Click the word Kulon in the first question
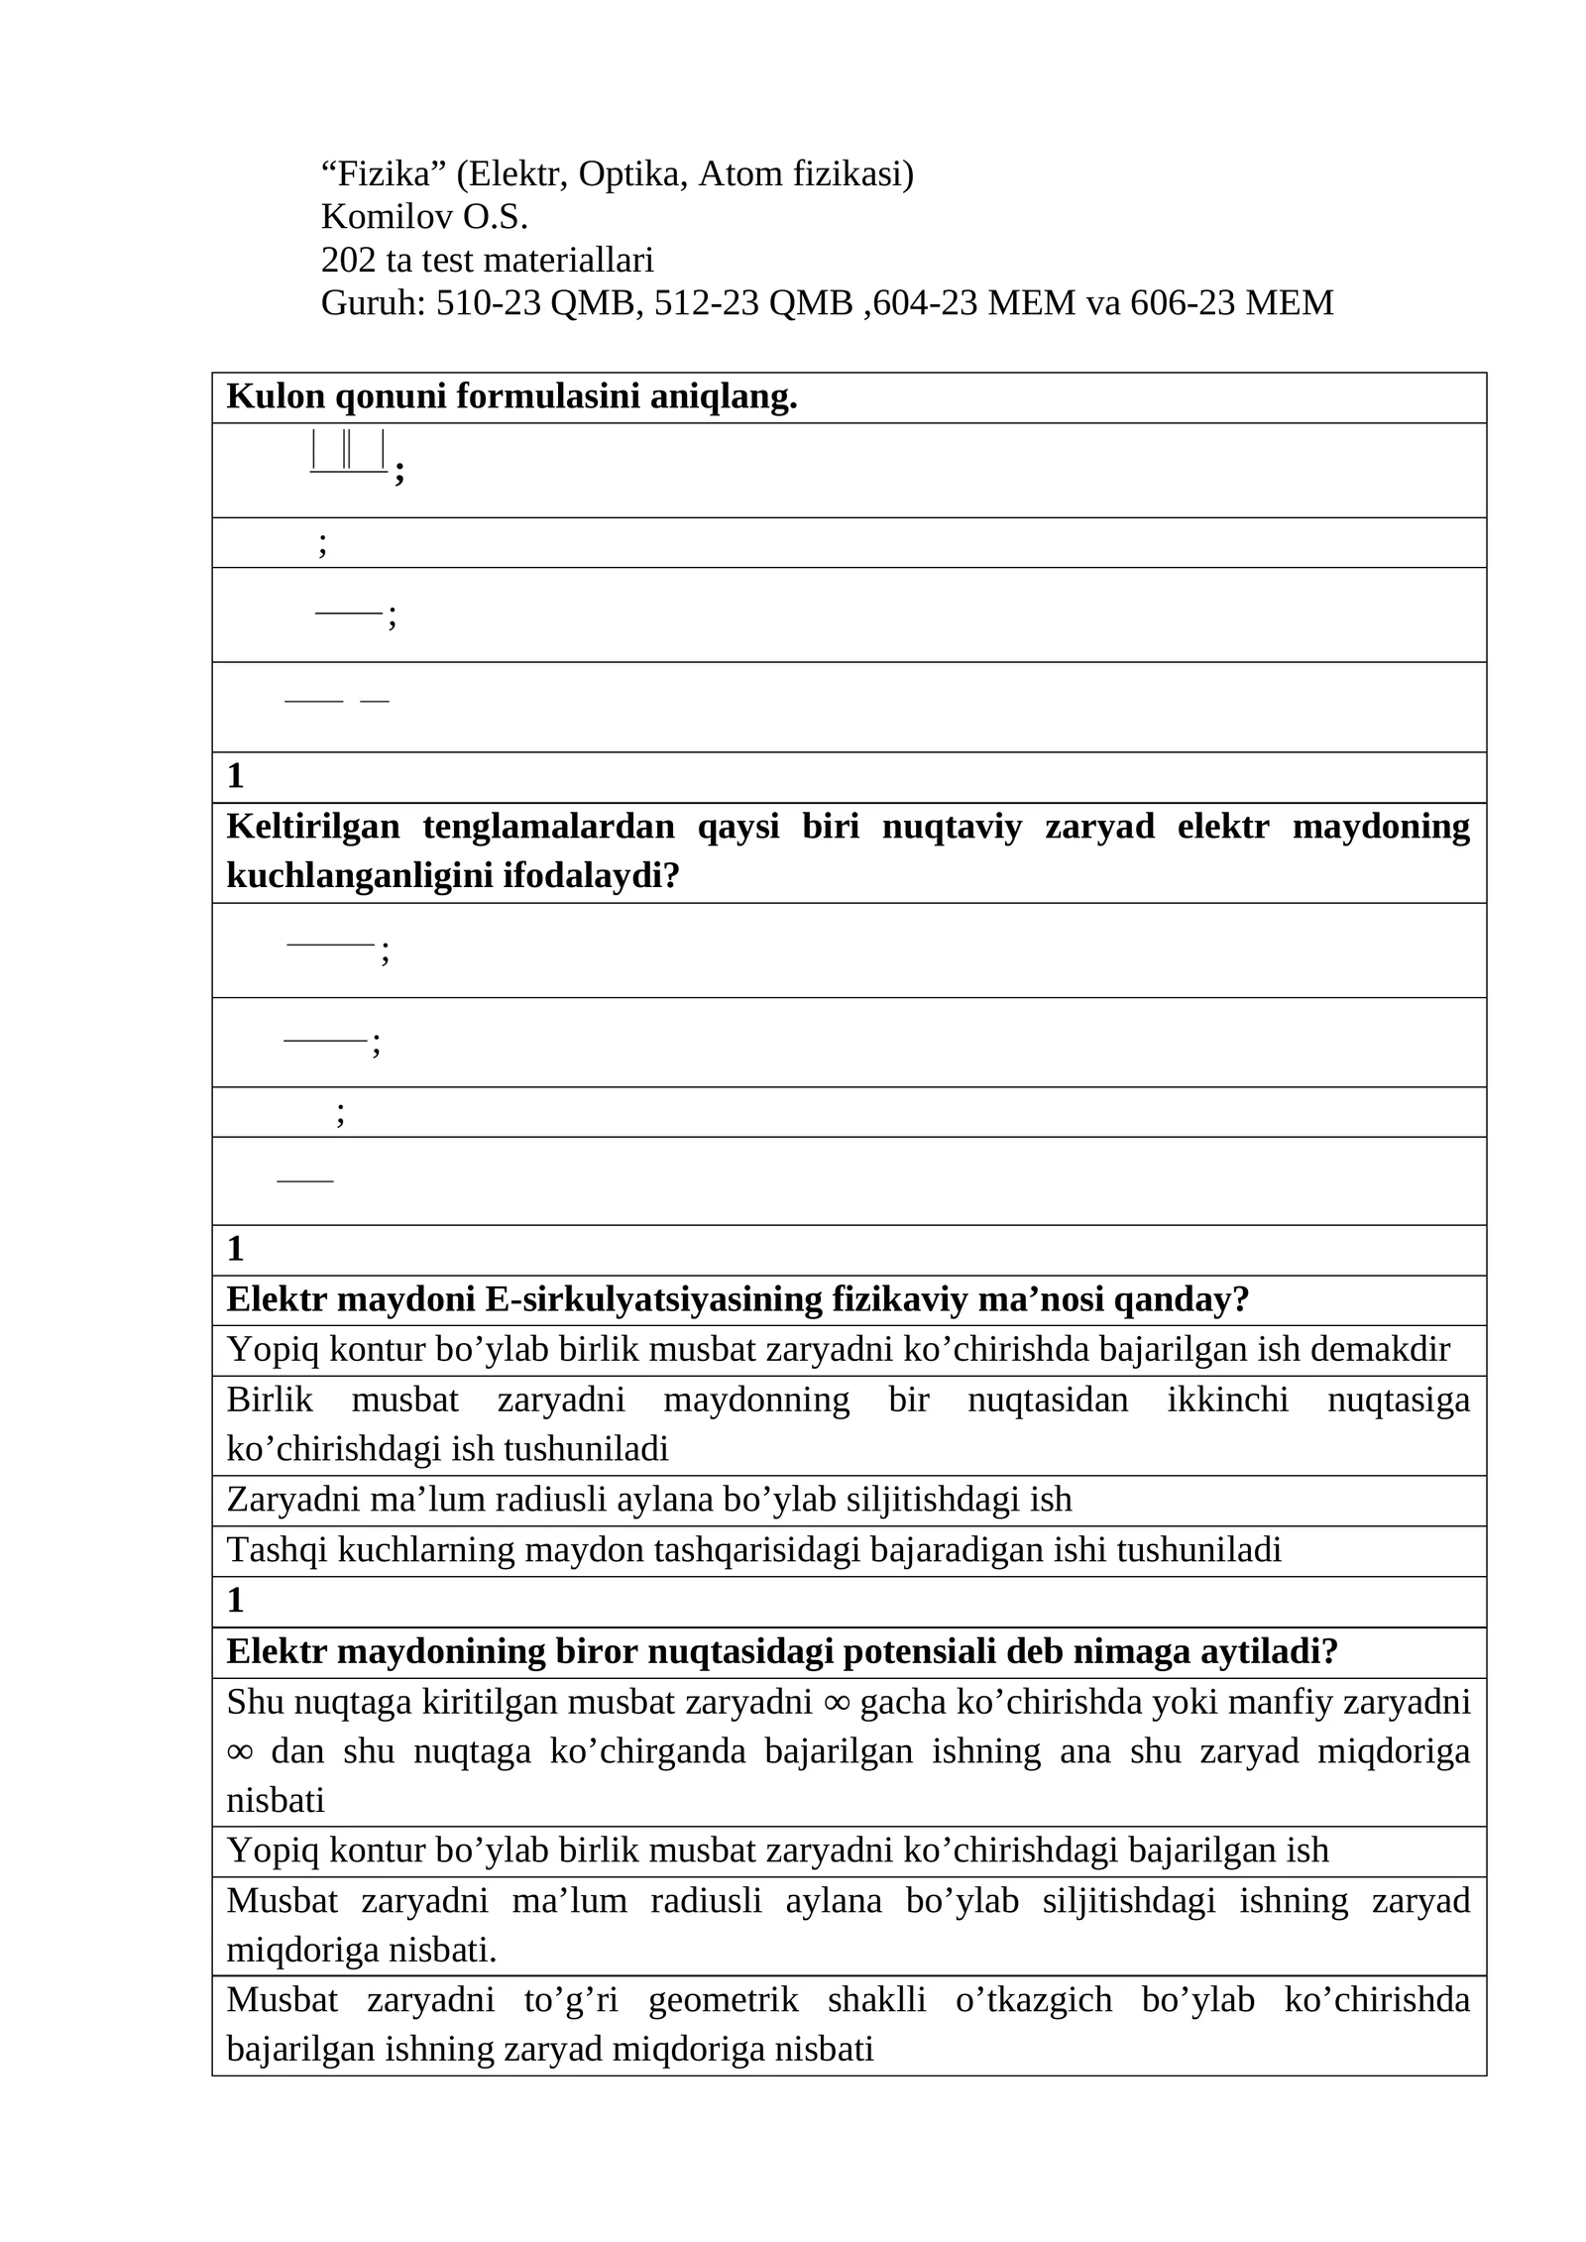click(277, 397)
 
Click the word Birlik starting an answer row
click(270, 1400)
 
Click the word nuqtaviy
click(952, 827)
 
